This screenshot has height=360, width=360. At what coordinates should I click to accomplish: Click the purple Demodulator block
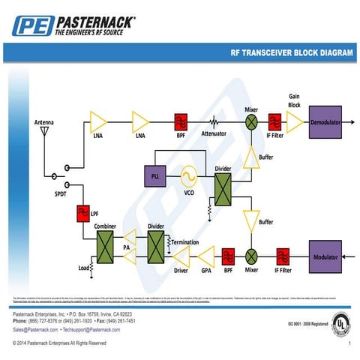pyautogui.click(x=325, y=121)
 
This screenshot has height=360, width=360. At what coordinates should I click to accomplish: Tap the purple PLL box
pyautogui.click(x=155, y=175)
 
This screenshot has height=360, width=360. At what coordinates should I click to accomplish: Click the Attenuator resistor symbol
pyautogui.click(x=214, y=121)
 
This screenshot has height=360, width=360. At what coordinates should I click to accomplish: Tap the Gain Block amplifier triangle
pyautogui.click(x=294, y=121)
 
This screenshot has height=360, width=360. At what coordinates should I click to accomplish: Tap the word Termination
pyautogui.click(x=184, y=242)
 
